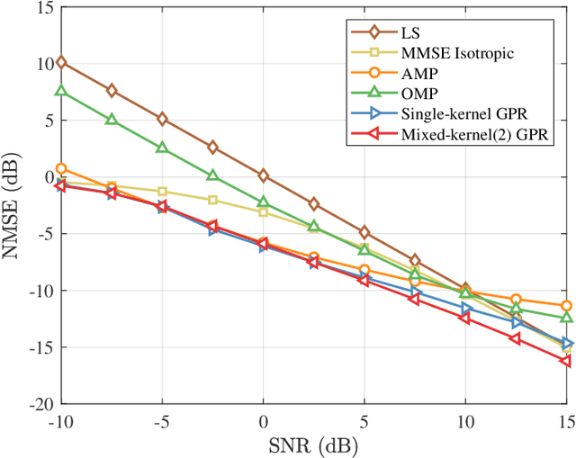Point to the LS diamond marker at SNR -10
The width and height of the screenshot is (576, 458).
click(61, 62)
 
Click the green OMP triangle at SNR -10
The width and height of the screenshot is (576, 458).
click(61, 91)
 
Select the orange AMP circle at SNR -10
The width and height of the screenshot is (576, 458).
click(61, 168)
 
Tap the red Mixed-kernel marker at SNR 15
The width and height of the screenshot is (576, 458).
click(566, 361)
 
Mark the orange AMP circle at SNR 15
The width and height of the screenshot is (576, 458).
click(566, 306)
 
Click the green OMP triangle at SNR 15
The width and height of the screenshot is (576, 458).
click(566, 318)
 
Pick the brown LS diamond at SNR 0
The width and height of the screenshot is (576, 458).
click(264, 175)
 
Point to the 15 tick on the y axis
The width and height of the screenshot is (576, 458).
click(43, 6)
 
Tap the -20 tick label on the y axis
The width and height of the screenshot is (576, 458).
click(40, 405)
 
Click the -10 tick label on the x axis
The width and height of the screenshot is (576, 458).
click(61, 421)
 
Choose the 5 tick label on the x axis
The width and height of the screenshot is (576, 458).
click(364, 421)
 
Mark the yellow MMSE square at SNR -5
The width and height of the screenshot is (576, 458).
click(162, 192)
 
